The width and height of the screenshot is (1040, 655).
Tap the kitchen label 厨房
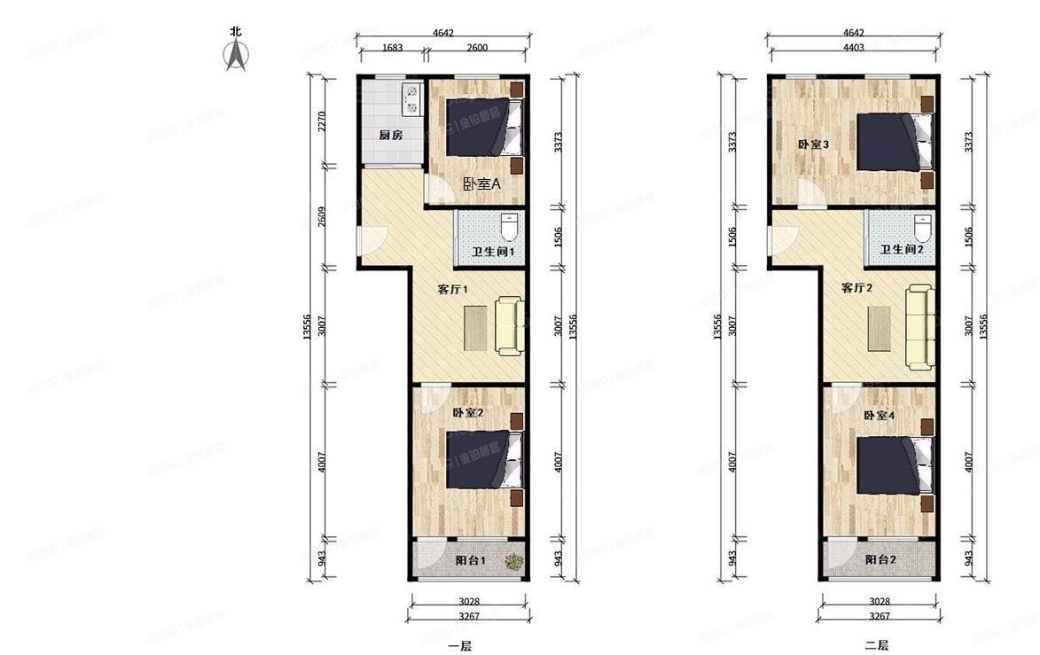(x=391, y=136)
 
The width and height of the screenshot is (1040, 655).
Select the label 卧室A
(x=481, y=184)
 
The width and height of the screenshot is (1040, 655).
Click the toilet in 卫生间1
(x=509, y=229)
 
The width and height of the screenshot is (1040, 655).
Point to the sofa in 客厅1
(x=509, y=327)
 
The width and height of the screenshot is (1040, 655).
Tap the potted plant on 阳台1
(x=512, y=560)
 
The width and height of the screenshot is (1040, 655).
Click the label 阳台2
(x=880, y=560)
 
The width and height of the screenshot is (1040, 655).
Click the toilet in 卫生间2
(x=922, y=229)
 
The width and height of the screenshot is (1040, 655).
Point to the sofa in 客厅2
(x=919, y=327)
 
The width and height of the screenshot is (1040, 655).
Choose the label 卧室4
(x=880, y=415)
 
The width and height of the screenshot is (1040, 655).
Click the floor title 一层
(x=459, y=646)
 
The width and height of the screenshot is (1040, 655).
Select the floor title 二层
(x=876, y=646)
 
